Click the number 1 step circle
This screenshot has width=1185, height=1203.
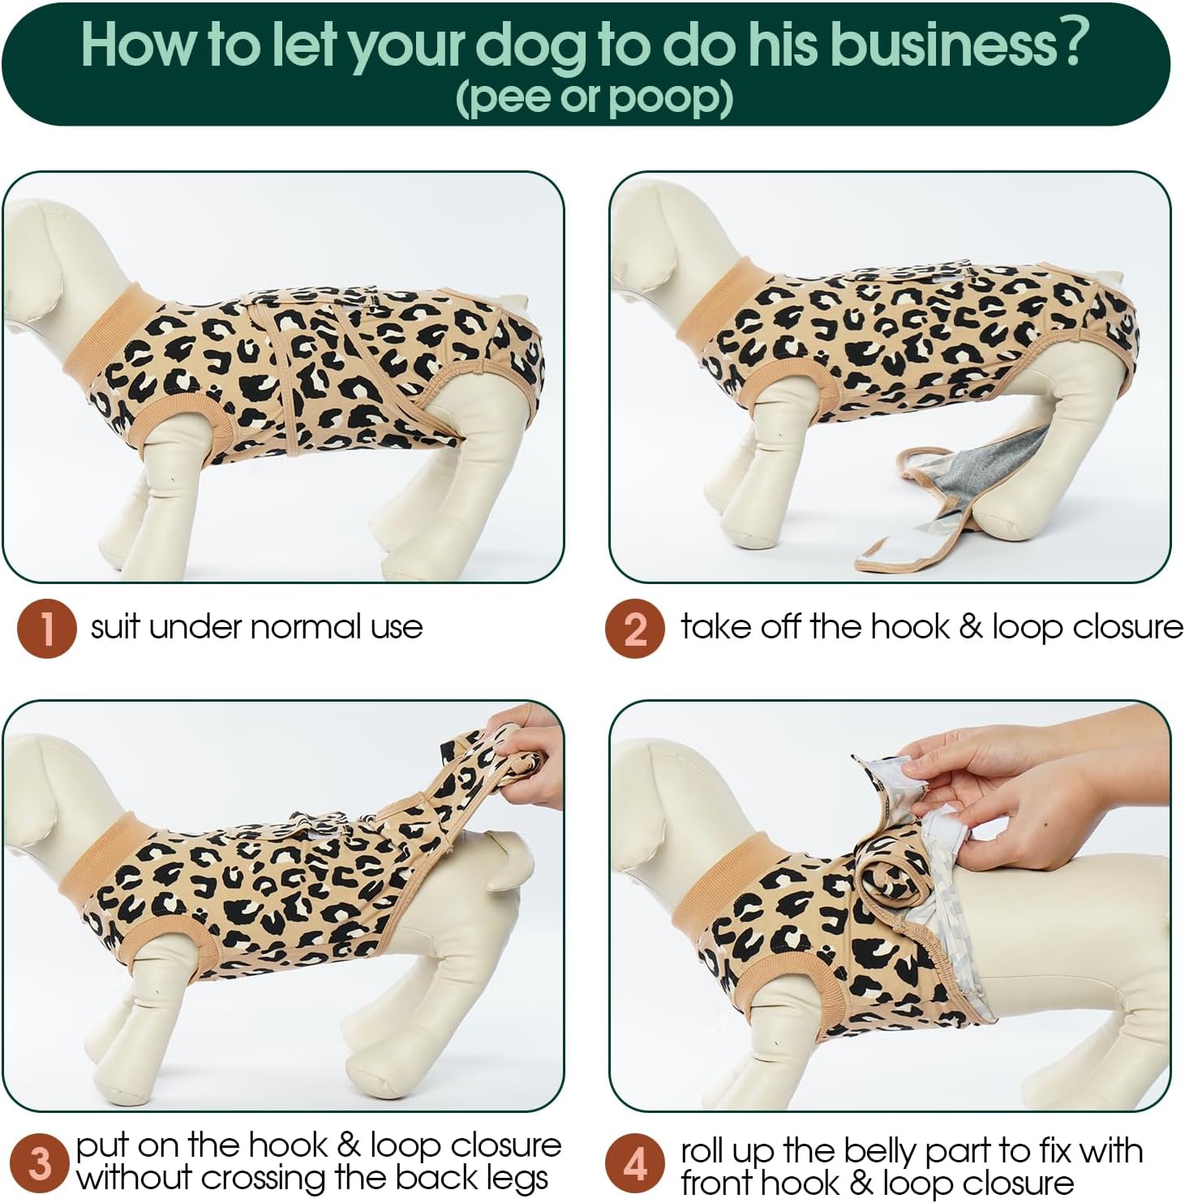(47, 628)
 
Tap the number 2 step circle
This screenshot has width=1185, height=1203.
(635, 628)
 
